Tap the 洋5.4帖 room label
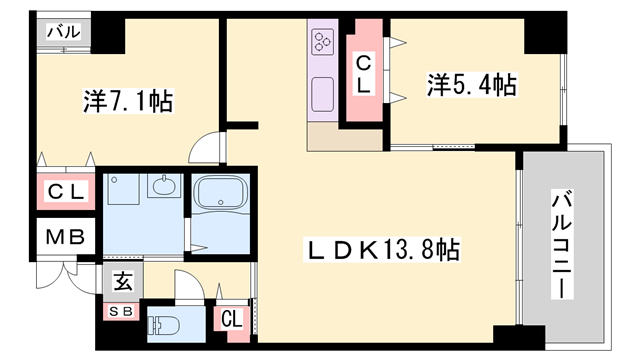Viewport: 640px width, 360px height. pyautogui.click(x=473, y=85)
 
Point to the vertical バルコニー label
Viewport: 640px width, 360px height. pyautogui.click(x=563, y=244)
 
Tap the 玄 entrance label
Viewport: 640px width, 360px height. pyautogui.click(x=122, y=282)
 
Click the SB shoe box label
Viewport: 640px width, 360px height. pyautogui.click(x=121, y=310)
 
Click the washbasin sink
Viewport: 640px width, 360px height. pyautogui.click(x=161, y=186)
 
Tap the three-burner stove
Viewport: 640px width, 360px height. pyautogui.click(x=323, y=42)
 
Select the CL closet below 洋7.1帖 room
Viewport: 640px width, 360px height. pyautogui.click(x=66, y=191)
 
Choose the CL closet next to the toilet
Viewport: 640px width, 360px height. pyautogui.click(x=231, y=320)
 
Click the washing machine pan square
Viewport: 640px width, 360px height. pyautogui.click(x=125, y=192)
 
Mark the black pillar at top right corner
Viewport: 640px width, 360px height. pyautogui.click(x=544, y=33)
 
